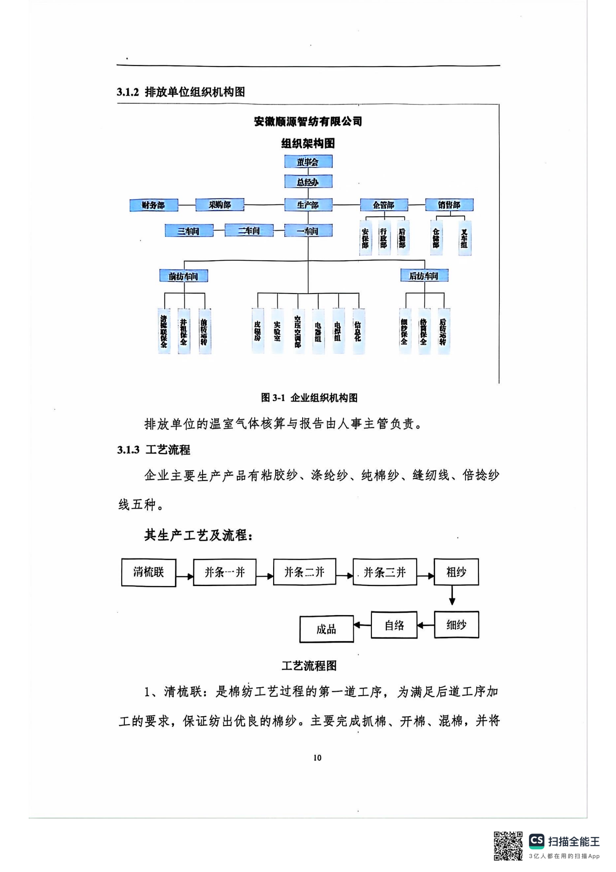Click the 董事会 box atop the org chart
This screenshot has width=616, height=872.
click(308, 161)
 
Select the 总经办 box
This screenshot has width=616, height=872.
click(308, 182)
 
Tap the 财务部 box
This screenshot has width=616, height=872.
click(154, 205)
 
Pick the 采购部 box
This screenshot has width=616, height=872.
click(220, 205)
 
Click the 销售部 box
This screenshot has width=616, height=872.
click(449, 205)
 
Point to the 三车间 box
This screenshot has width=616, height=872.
click(189, 230)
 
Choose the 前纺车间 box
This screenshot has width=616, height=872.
click(184, 276)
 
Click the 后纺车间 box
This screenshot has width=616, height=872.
click(424, 276)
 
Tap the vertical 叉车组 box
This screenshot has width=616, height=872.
click(465, 238)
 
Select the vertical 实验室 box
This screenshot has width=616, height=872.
click(278, 331)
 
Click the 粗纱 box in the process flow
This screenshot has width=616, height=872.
click(456, 572)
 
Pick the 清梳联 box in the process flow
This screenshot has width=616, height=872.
click(148, 572)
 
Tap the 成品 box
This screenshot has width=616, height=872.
click(326, 629)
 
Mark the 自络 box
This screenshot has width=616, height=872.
click(394, 625)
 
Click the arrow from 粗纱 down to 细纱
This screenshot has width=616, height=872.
click(452, 595)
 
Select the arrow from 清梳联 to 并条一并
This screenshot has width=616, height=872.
click(184, 576)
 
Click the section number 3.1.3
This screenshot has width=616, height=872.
click(128, 450)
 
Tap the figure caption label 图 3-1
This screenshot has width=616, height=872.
click(272, 398)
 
